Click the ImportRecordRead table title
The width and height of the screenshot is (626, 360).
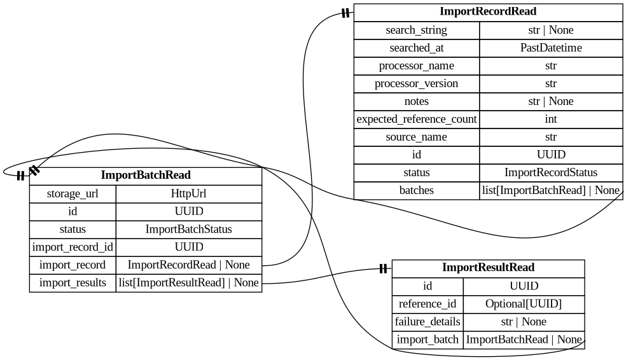[488, 12]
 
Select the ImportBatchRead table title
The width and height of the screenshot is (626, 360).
[146, 176]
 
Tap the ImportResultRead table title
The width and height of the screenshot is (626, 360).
[488, 268]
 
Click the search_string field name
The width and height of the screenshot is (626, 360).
[416, 31]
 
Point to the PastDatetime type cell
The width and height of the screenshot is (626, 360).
[551, 48]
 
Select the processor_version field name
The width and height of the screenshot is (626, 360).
[416, 84]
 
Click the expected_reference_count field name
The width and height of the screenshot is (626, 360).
[416, 120]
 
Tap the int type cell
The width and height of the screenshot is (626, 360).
[551, 120]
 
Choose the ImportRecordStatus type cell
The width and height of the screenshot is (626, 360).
[551, 173]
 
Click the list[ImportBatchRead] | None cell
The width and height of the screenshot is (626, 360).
[551, 190]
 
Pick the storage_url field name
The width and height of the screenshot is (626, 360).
[73, 194]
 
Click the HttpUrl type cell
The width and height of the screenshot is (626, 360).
[189, 194]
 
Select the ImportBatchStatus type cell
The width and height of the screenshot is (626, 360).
[189, 230]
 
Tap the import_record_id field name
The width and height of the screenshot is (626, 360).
[73, 247]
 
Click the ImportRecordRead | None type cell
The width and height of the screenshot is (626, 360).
[189, 265]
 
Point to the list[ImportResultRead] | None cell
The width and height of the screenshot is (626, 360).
[189, 283]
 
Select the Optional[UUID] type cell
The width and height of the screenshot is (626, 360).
[524, 304]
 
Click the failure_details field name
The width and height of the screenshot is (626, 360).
[428, 322]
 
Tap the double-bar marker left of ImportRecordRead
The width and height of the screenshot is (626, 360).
[345, 13]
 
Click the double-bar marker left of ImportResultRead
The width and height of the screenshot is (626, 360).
[383, 269]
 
